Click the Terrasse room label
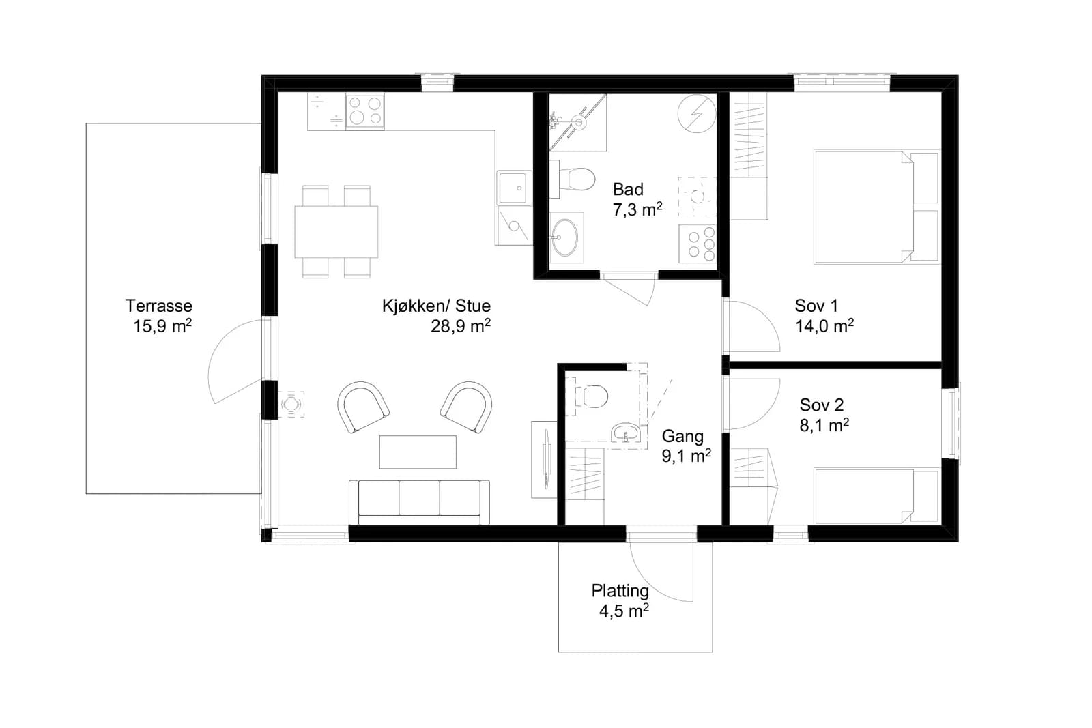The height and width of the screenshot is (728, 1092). click(x=159, y=306)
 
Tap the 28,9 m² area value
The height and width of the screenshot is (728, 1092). click(x=460, y=326)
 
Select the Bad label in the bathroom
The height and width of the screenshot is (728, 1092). click(x=628, y=189)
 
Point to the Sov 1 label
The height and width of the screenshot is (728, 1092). click(x=816, y=306)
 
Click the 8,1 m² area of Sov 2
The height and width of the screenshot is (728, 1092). click(x=824, y=425)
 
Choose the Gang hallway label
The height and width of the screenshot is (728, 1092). click(x=682, y=436)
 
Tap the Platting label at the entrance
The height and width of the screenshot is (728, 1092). click(x=620, y=591)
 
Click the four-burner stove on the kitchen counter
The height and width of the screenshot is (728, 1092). click(x=365, y=111)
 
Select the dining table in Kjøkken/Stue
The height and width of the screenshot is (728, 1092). click(x=336, y=232)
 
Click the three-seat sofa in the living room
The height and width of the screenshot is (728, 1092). click(x=419, y=502)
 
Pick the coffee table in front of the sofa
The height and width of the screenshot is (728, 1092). click(x=418, y=452)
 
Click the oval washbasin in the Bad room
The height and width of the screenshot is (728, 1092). click(x=566, y=238)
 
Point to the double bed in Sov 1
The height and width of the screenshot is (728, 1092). click(x=876, y=207)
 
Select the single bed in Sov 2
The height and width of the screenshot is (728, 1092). click(x=876, y=496)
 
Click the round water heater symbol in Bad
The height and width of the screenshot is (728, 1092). click(x=697, y=113)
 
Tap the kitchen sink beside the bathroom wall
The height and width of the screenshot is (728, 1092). click(x=514, y=188)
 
